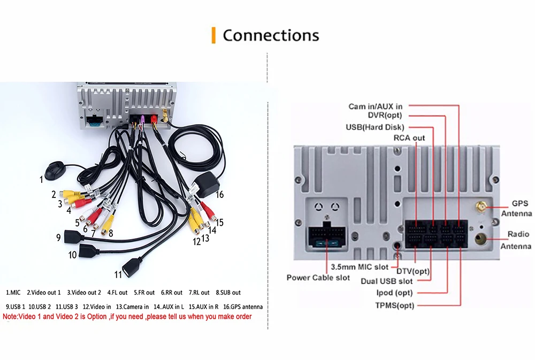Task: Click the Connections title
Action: point(271,35)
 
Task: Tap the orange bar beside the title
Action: point(213,35)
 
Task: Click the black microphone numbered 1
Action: point(55,171)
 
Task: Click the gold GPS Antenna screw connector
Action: point(481,207)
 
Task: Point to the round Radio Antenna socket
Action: point(481,239)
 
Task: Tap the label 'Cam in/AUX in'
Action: point(376,106)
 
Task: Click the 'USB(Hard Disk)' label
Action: point(375,127)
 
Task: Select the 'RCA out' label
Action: point(409,138)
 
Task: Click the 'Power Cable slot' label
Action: point(318,278)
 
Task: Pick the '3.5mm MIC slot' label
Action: point(360,267)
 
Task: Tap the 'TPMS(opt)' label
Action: point(395,305)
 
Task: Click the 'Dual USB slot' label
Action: point(387,281)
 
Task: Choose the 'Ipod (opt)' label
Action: point(394,293)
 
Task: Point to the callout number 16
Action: point(220,195)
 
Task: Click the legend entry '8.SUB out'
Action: point(228,293)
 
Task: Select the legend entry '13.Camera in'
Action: point(132,307)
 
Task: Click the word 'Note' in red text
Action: point(10,317)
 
